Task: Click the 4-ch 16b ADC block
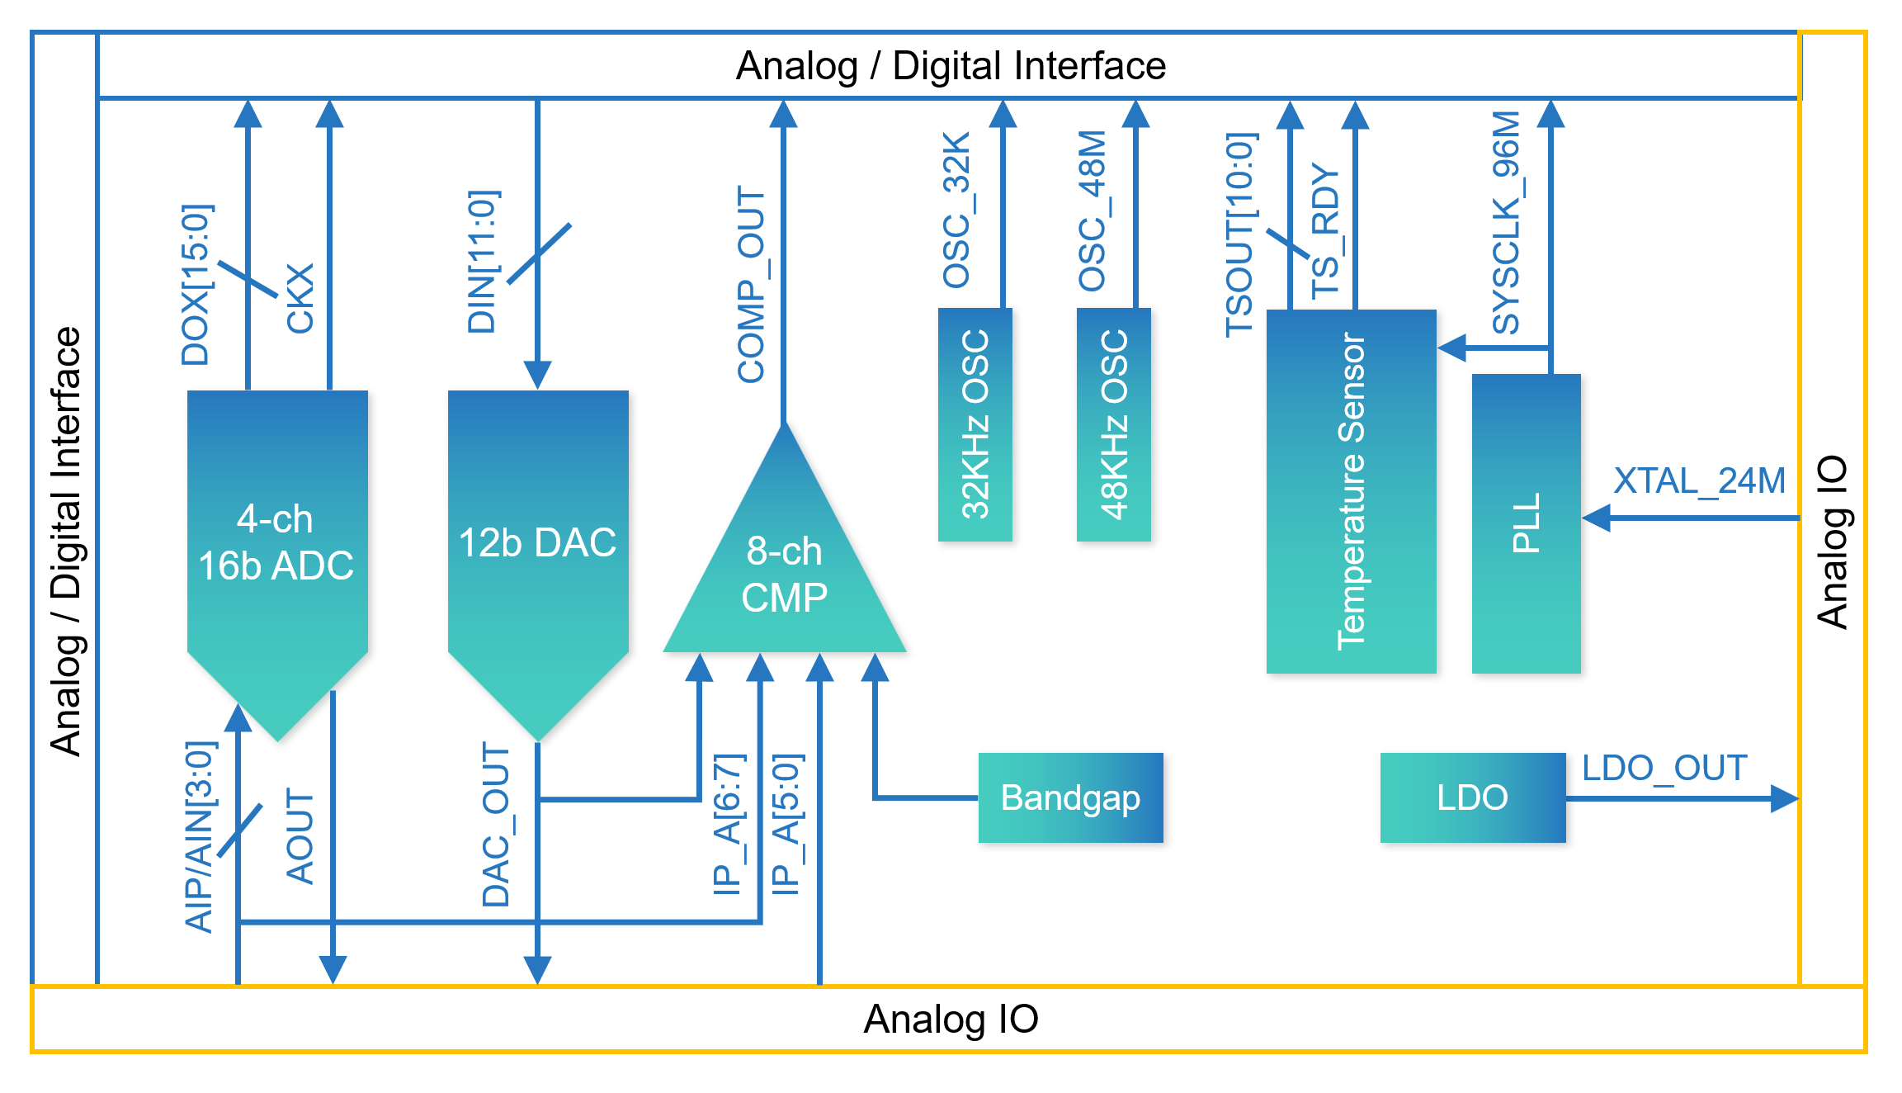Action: pos(277,545)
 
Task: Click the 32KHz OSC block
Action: pos(975,425)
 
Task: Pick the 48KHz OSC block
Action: pos(1114,425)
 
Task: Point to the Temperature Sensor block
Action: pos(1351,491)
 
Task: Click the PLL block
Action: pos(1527,523)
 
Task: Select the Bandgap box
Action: pos(1070,797)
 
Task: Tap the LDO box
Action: pos(1473,797)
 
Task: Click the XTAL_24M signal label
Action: pos(1699,480)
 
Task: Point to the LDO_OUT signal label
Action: pos(1664,768)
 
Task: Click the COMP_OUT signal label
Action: pos(751,285)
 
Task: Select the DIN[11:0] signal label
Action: pos(482,262)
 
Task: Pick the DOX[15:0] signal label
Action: pos(196,285)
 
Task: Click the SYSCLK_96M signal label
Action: pos(1506,223)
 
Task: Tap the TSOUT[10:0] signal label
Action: pos(1239,235)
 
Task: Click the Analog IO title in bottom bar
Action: pos(951,1020)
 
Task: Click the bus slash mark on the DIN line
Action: pos(538,253)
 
